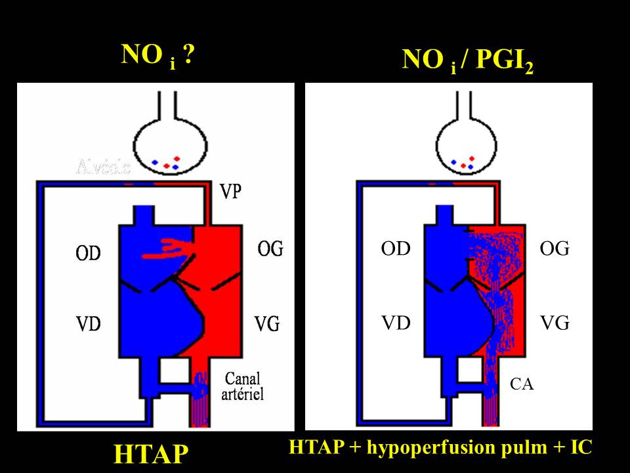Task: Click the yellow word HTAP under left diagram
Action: click(x=151, y=454)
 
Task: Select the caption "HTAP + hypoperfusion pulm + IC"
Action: click(x=440, y=447)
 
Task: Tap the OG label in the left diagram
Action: click(x=270, y=249)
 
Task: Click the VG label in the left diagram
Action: click(x=268, y=323)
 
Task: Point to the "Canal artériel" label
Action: click(x=243, y=386)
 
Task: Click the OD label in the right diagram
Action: click(x=395, y=249)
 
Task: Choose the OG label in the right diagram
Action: click(x=555, y=249)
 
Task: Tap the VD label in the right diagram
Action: click(x=395, y=323)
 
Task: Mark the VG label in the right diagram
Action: click(x=555, y=323)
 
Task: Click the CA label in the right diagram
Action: click(x=522, y=385)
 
